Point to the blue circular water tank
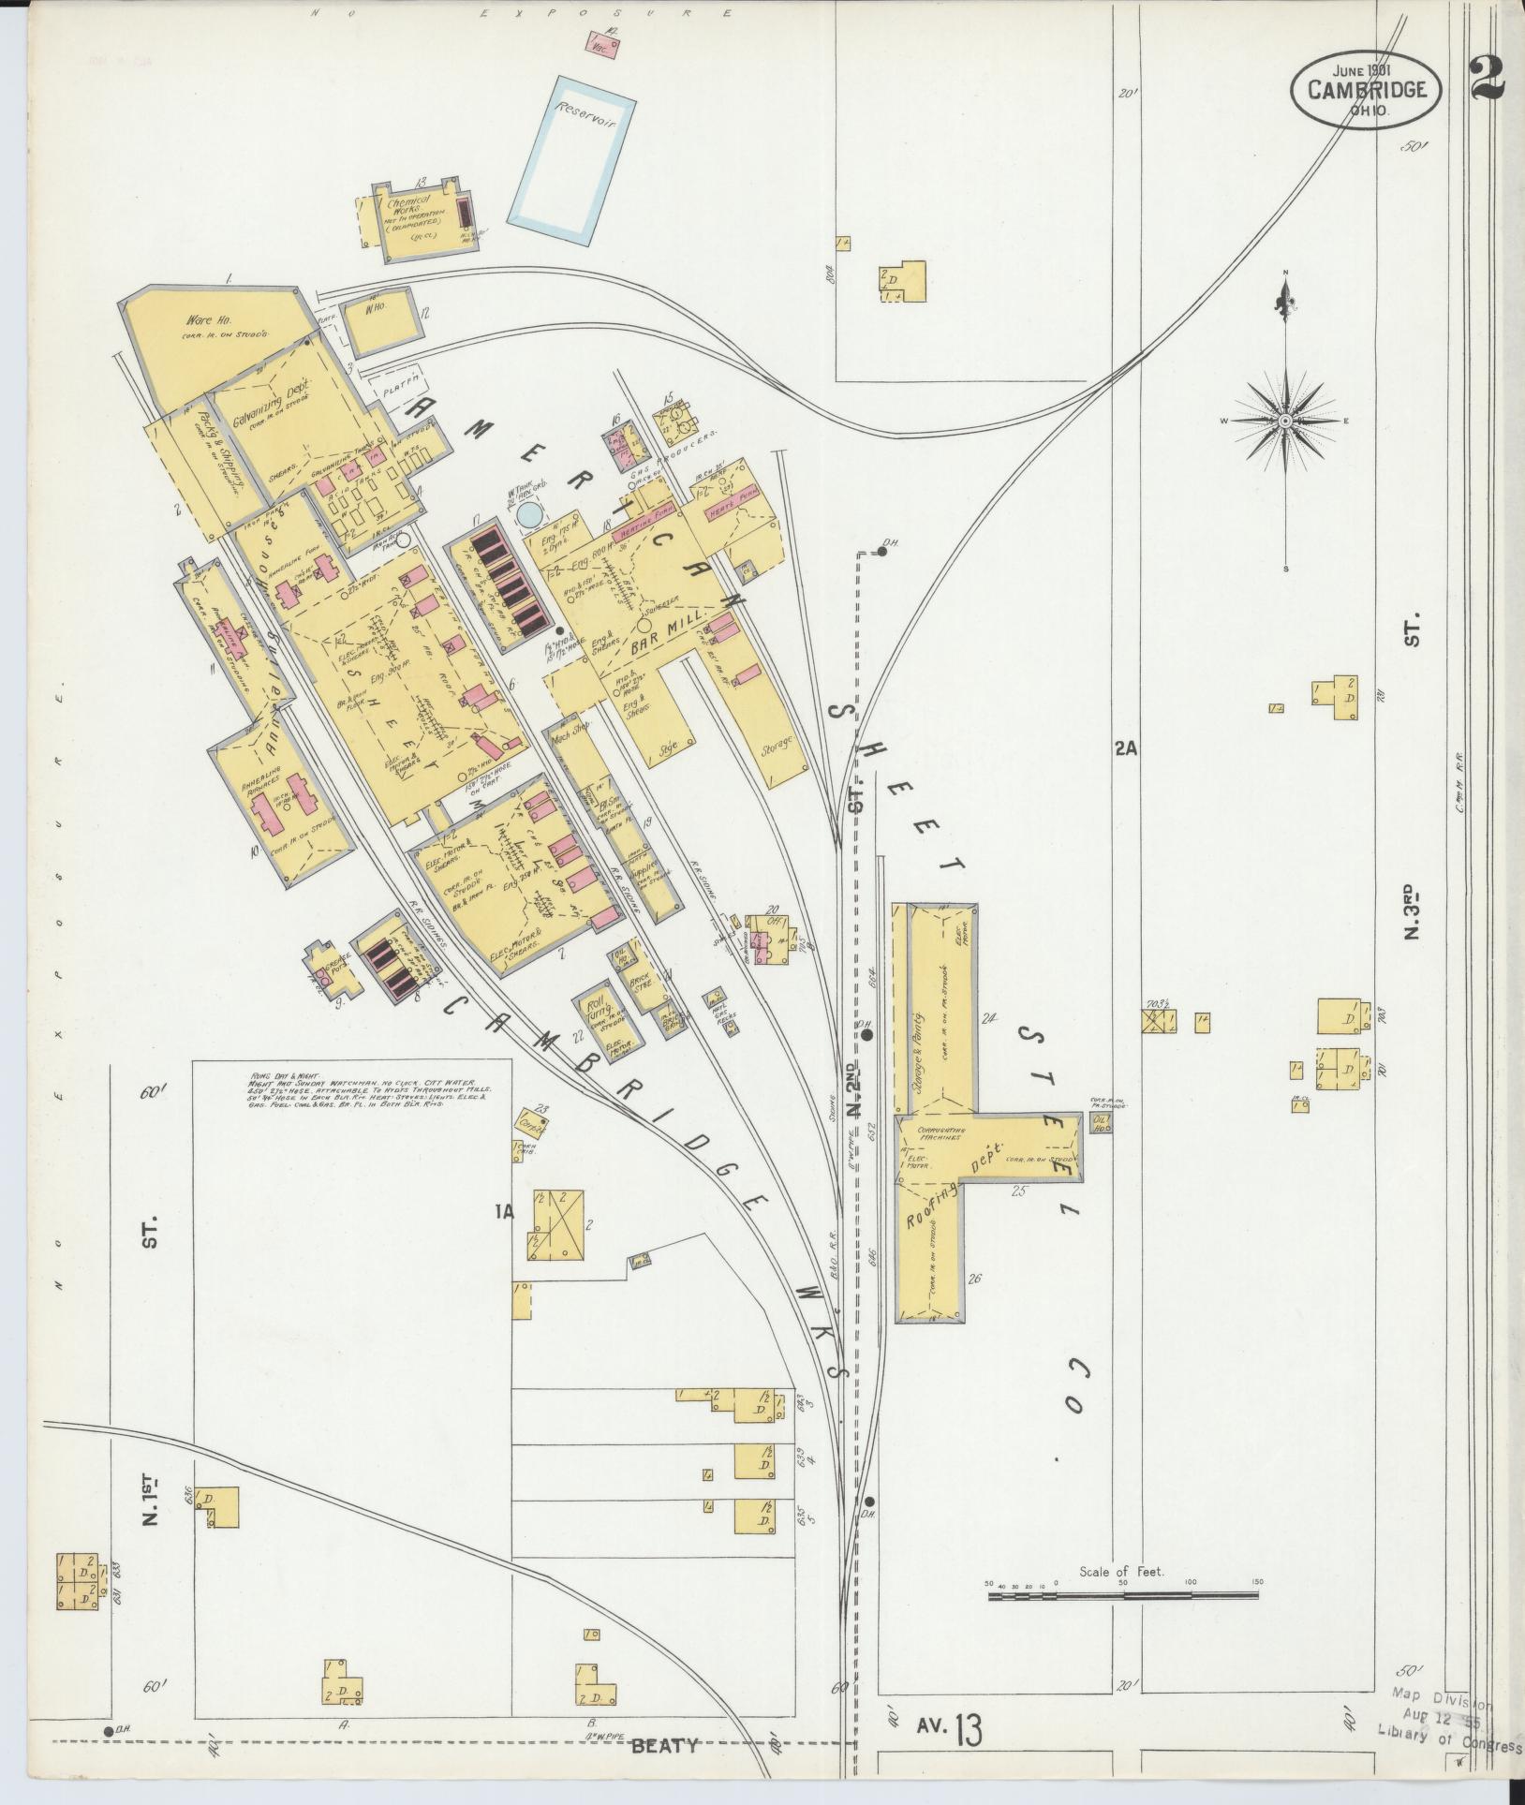(530, 514)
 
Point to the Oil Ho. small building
(1100, 1123)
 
